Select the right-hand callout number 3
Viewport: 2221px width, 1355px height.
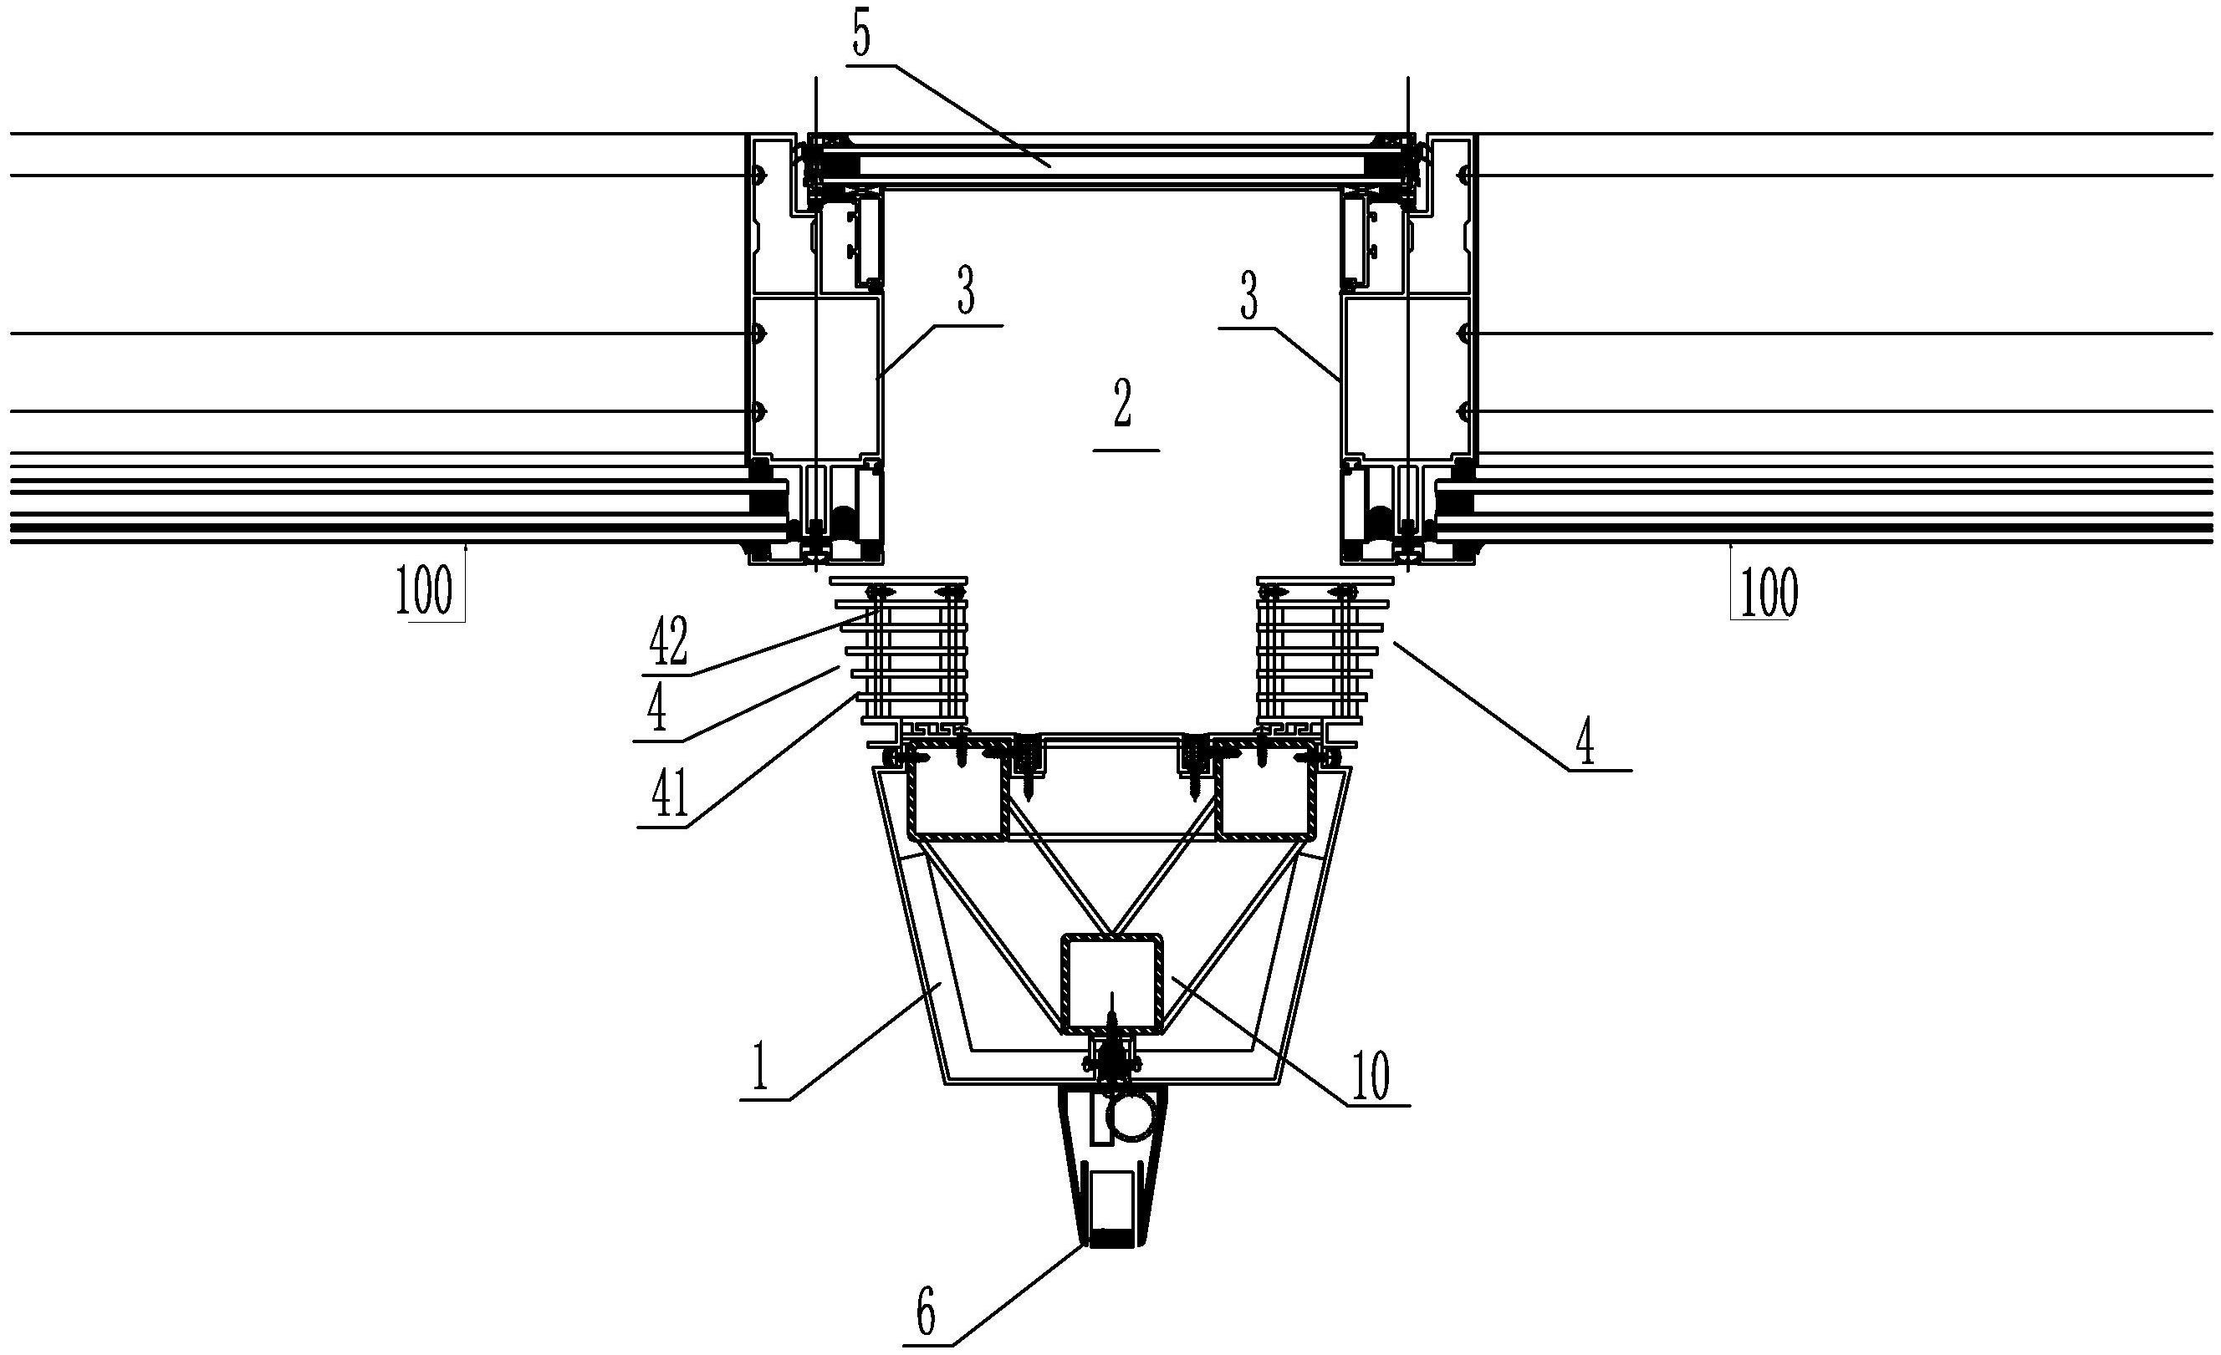[x=1248, y=298]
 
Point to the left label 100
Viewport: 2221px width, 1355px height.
[x=424, y=591]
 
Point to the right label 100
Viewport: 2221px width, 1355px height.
[x=1769, y=592]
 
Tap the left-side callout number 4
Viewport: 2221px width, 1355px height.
[x=657, y=710]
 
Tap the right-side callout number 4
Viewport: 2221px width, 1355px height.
[x=1585, y=745]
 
